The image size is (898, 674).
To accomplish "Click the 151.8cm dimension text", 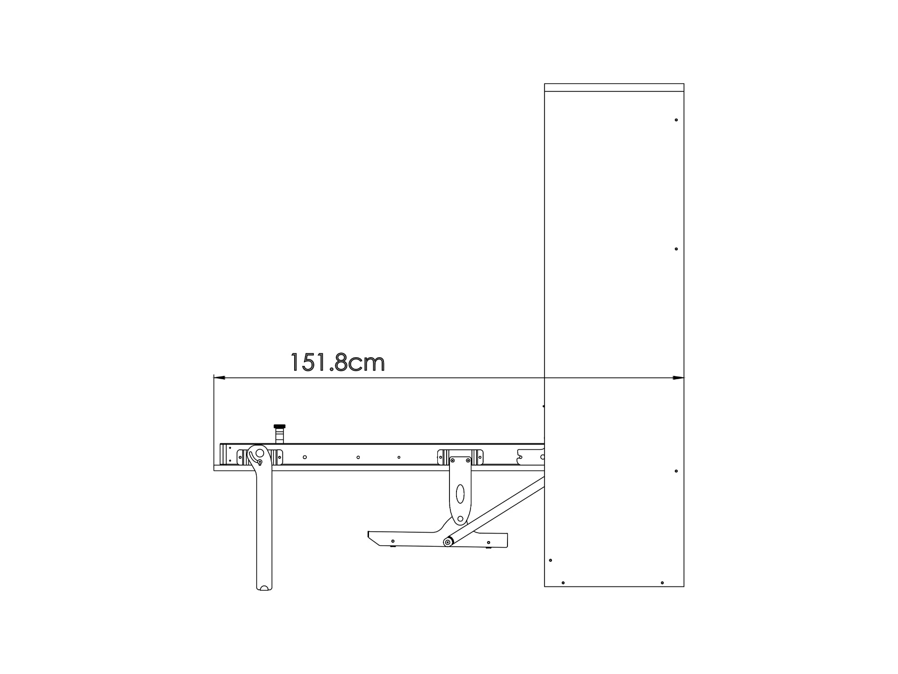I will (x=338, y=363).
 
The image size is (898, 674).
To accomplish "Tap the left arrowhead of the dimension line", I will (x=219, y=378).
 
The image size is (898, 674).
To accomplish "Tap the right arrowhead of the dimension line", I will (x=678, y=378).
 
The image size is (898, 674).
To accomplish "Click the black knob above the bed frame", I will (x=279, y=426).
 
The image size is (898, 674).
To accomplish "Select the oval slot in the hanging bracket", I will (x=460, y=494).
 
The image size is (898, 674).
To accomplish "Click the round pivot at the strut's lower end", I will (x=448, y=542).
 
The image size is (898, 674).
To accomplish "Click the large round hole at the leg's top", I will (x=260, y=453).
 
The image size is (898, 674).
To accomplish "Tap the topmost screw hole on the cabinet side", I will (x=676, y=120).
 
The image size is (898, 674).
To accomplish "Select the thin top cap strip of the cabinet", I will (x=614, y=88).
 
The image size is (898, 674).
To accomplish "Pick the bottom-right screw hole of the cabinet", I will (x=662, y=583).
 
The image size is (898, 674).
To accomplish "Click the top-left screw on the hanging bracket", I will (x=452, y=461).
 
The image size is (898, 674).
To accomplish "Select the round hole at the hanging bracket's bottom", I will (x=460, y=519).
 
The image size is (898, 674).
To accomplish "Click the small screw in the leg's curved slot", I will (x=260, y=462).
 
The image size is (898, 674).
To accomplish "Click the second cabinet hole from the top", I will (x=676, y=249).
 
